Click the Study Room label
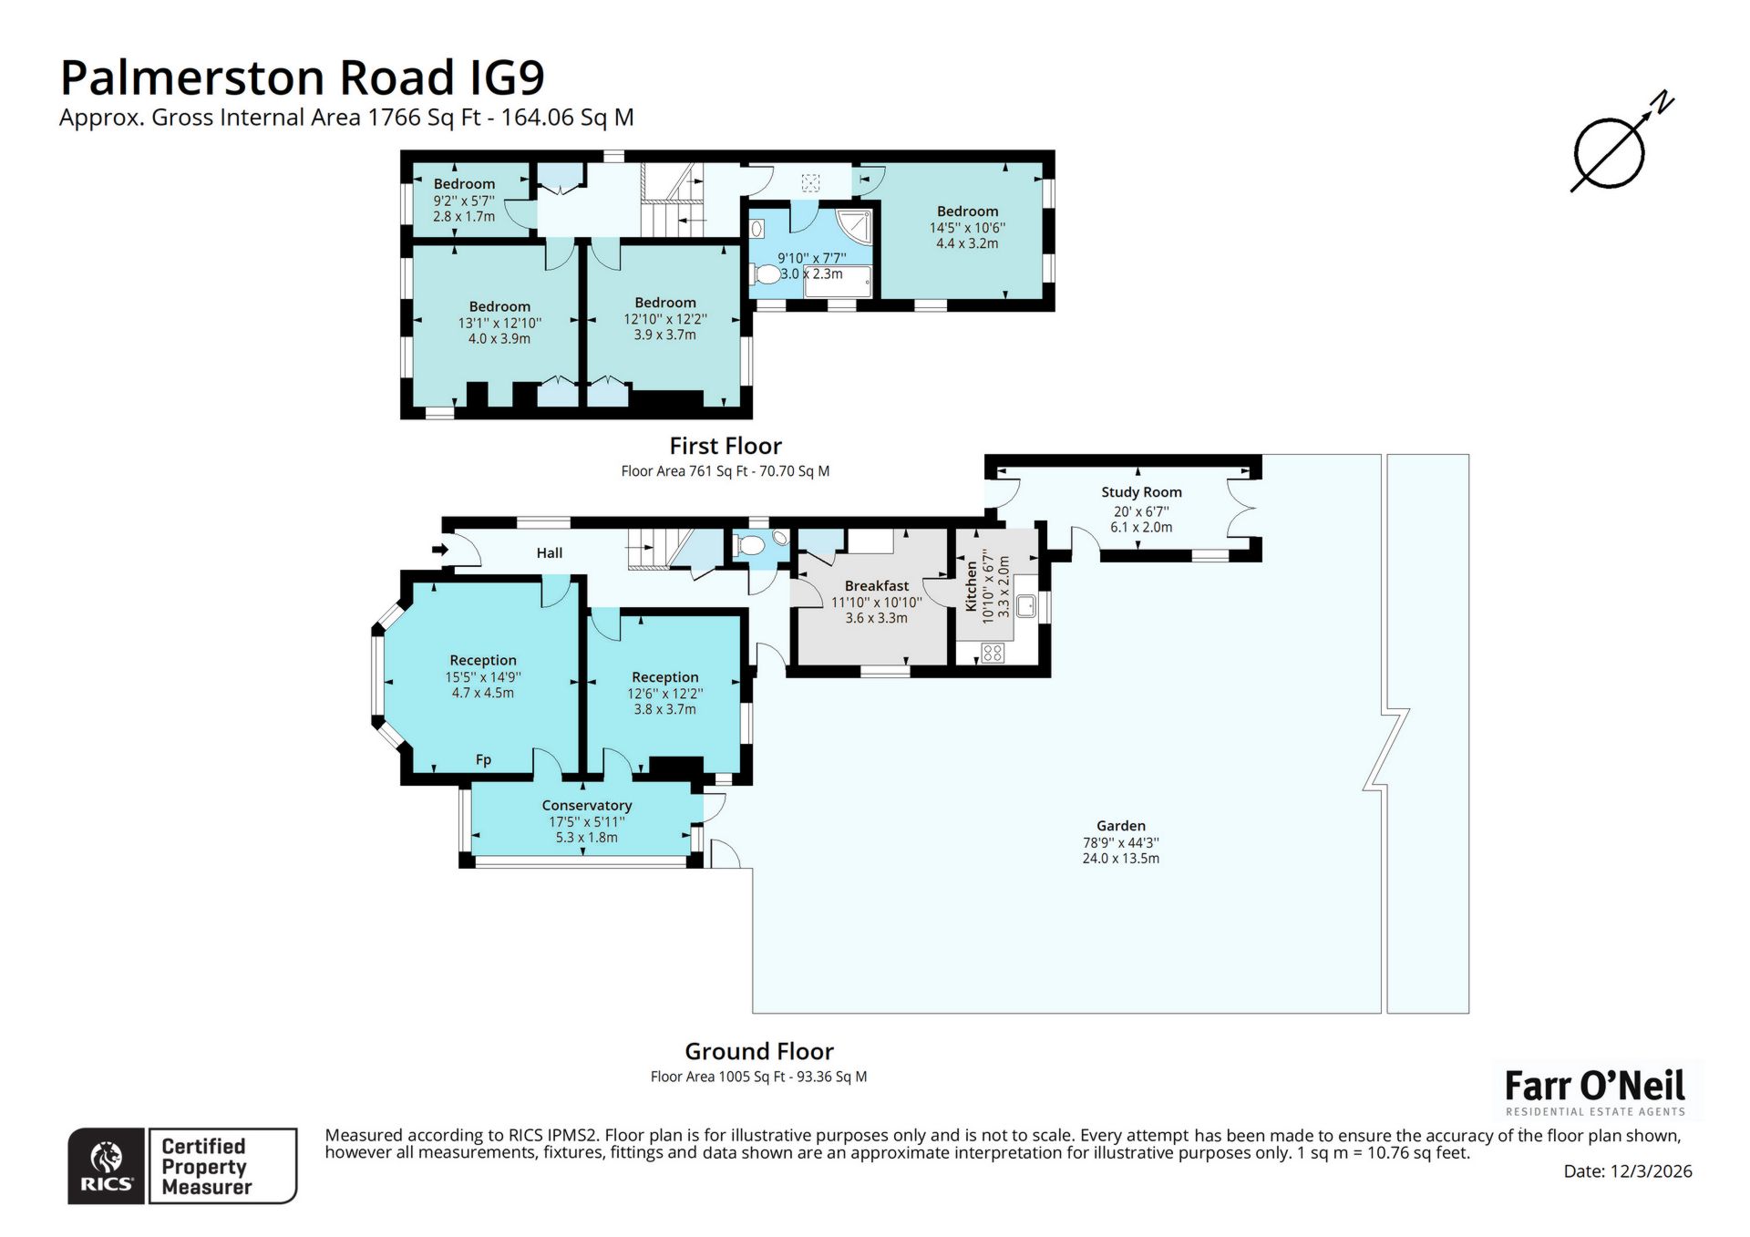(x=1141, y=492)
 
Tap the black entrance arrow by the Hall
(x=439, y=550)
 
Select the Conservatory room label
(x=586, y=805)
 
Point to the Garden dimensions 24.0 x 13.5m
(x=1120, y=858)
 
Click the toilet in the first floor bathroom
(x=767, y=273)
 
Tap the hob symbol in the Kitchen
(x=993, y=652)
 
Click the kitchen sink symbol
(x=1025, y=605)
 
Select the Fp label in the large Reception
(x=483, y=759)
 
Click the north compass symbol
(x=1610, y=153)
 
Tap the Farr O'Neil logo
(x=1594, y=1090)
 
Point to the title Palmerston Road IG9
(x=302, y=77)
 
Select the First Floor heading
(x=726, y=446)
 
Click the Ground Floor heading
(x=758, y=1051)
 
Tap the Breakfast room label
(x=876, y=585)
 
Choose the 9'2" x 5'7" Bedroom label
(x=464, y=184)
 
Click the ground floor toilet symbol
(x=752, y=546)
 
